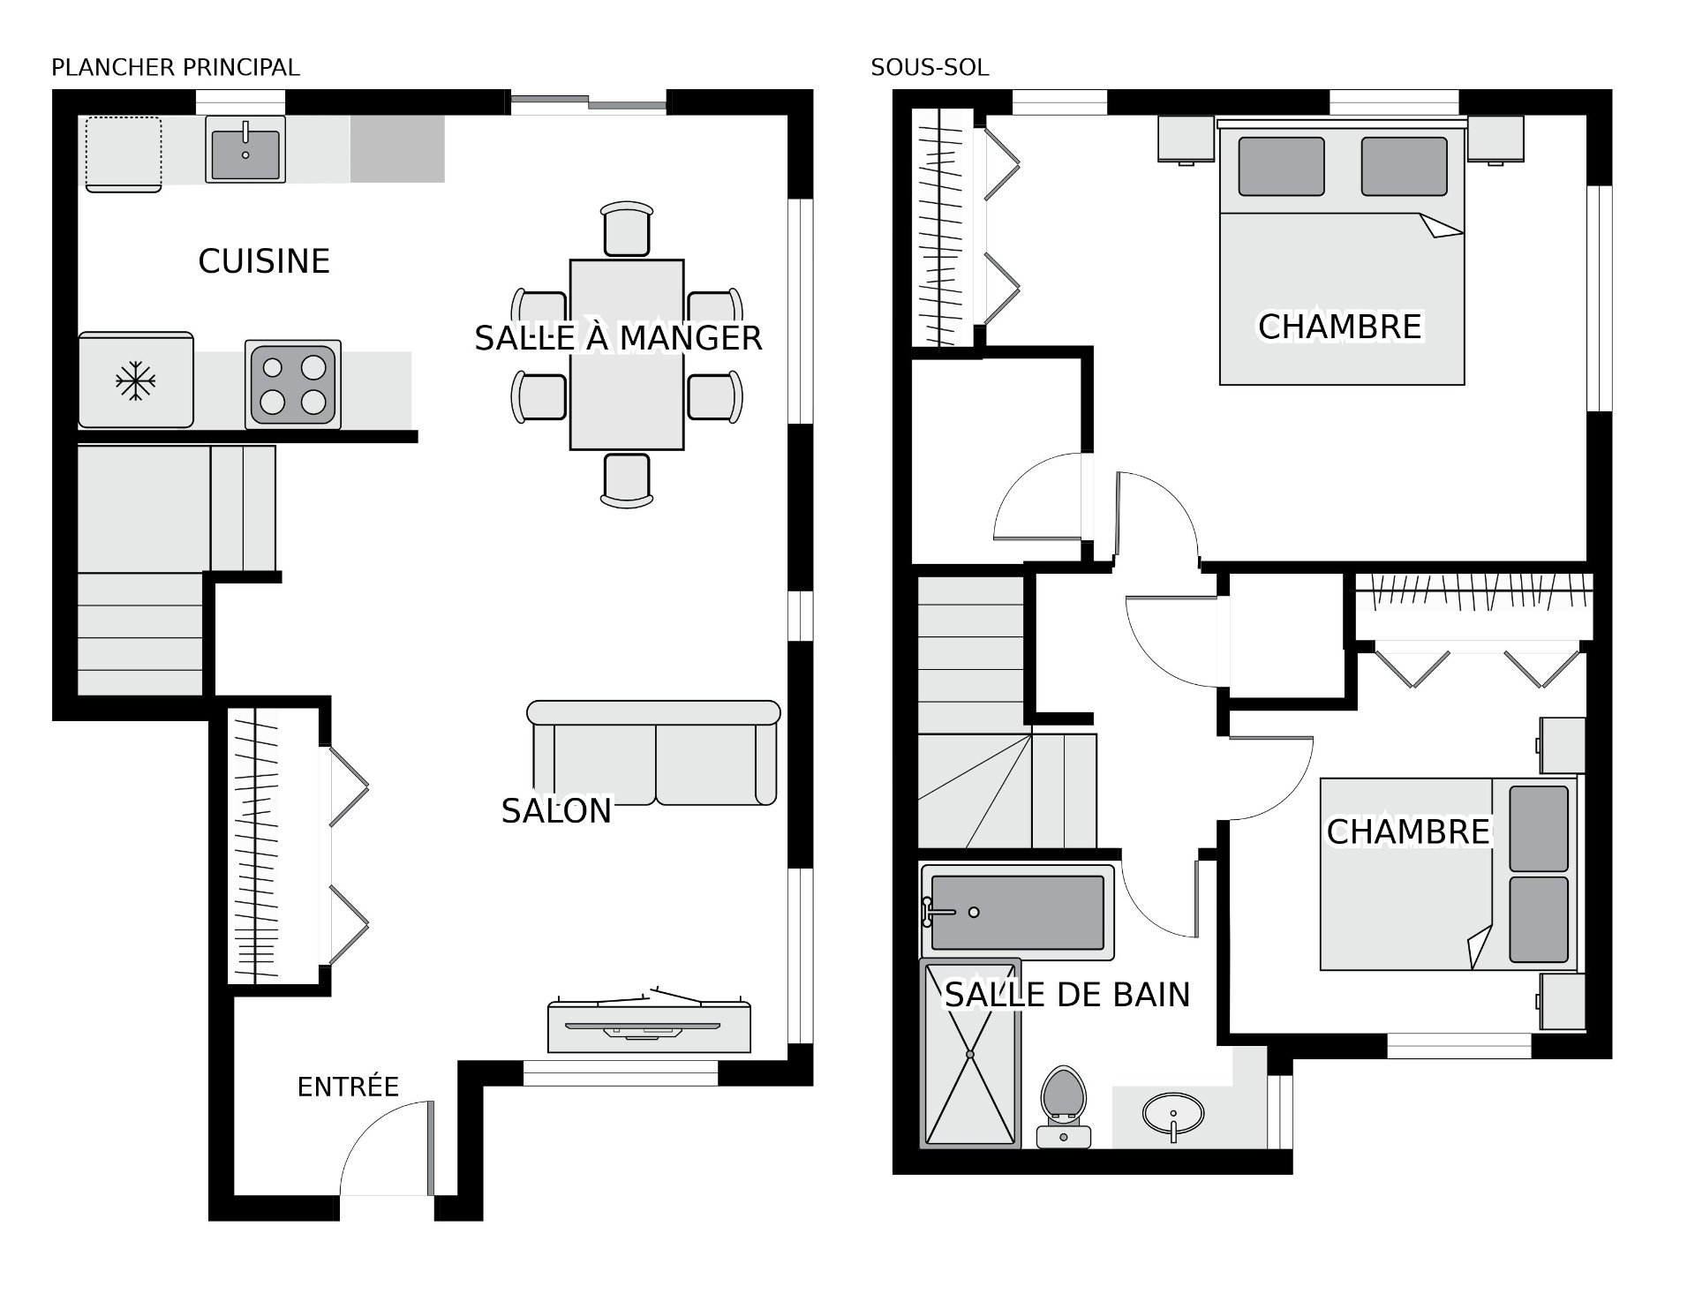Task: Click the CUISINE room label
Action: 264,261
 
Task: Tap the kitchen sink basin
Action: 245,149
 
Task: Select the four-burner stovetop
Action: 293,385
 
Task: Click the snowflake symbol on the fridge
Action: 136,380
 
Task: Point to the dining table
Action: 627,355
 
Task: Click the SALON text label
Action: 556,811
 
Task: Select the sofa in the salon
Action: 653,753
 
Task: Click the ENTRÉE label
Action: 348,1087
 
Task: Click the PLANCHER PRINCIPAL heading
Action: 176,67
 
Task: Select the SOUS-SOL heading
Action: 930,67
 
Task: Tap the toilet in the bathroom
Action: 1064,1107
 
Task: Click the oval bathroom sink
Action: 1173,1114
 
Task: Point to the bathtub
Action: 1017,912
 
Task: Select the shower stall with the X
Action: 970,1054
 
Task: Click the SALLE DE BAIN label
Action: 1067,995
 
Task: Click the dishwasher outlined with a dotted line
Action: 124,154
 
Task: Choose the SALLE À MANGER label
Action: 618,338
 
